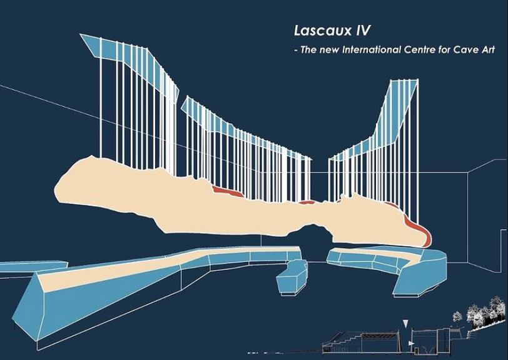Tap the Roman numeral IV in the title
pos(360,31)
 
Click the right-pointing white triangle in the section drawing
pos(412,342)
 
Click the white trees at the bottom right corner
pos(482,312)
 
